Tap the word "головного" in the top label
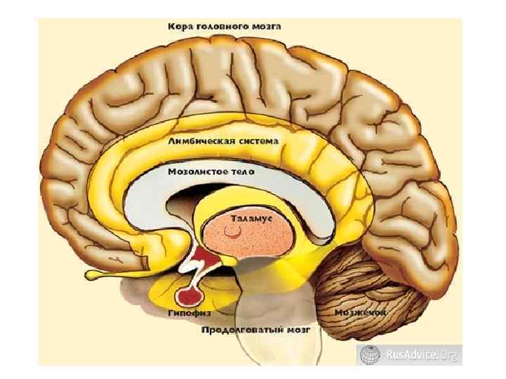[x=219, y=26]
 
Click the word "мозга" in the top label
[x=265, y=26]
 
